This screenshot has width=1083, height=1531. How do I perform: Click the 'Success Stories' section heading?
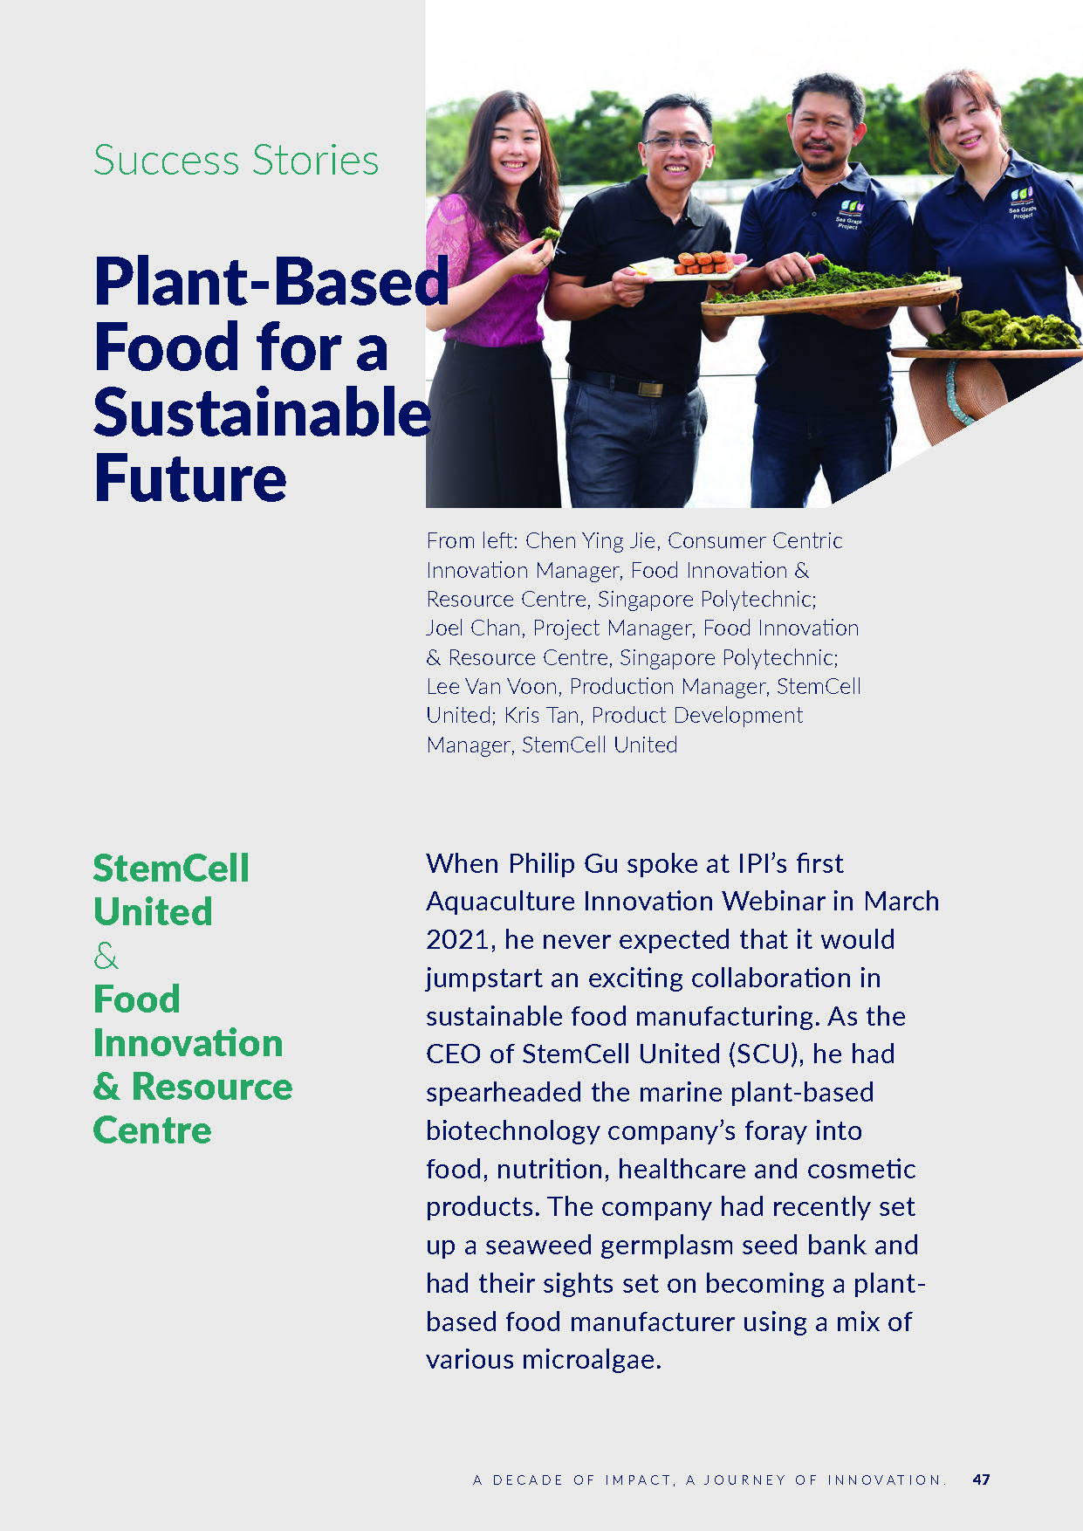click(236, 161)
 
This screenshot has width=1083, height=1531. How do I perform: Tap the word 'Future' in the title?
click(190, 478)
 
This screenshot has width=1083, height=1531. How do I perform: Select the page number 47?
click(981, 1480)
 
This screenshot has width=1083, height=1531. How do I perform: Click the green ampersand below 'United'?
click(106, 956)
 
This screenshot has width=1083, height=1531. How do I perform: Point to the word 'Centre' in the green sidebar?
click(153, 1130)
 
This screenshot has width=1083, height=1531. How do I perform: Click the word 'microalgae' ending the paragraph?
click(589, 1360)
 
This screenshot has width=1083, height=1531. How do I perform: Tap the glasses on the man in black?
click(675, 142)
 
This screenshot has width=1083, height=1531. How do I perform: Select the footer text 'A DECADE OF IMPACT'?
click(572, 1480)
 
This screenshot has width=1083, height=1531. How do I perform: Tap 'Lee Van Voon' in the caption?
click(493, 687)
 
